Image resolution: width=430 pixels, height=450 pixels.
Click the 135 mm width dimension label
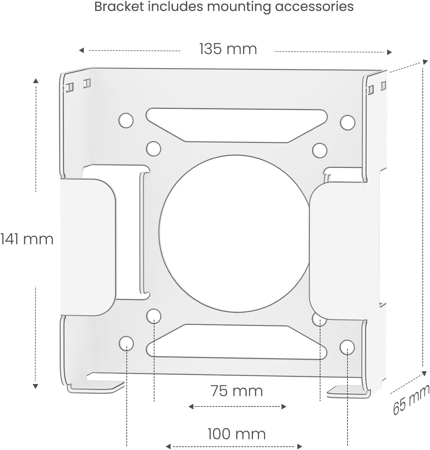coord(228,49)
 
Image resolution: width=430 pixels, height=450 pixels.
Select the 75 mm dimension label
coord(237,391)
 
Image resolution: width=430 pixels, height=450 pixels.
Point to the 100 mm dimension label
coord(236,434)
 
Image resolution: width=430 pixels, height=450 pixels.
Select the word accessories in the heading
coord(314,7)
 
